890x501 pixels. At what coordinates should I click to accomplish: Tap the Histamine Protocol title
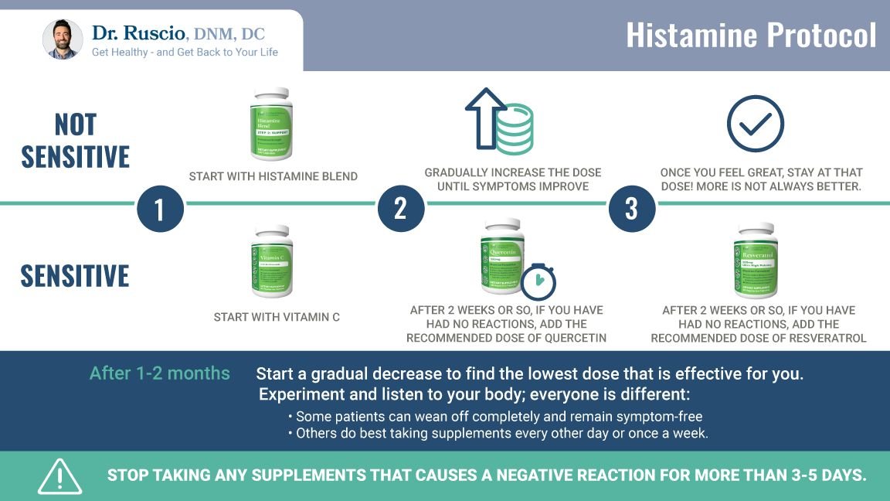pyautogui.click(x=750, y=36)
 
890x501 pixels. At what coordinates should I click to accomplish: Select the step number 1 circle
pyautogui.click(x=160, y=210)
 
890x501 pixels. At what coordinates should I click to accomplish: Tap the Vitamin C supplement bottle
pyautogui.click(x=271, y=261)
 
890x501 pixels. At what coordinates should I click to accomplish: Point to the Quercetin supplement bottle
pyautogui.click(x=502, y=256)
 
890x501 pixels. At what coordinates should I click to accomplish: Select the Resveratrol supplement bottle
pyautogui.click(x=755, y=261)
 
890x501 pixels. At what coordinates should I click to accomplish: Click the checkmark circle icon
pyautogui.click(x=755, y=124)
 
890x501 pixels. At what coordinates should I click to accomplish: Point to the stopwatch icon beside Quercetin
pyautogui.click(x=538, y=282)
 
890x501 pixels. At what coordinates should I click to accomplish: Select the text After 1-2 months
pyautogui.click(x=160, y=373)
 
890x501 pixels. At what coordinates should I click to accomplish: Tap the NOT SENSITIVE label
pyautogui.click(x=75, y=141)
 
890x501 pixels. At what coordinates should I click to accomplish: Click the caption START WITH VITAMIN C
pyautogui.click(x=277, y=317)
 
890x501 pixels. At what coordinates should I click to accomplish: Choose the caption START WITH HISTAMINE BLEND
pyautogui.click(x=273, y=176)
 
